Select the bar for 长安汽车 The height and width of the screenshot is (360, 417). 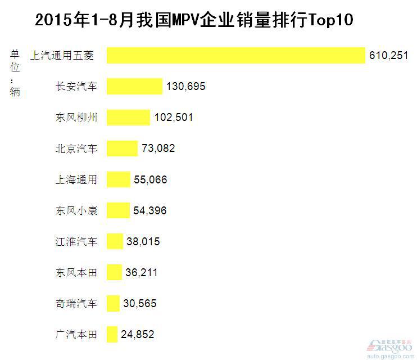coord(134,87)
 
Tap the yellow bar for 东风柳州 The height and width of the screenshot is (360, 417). coord(128,118)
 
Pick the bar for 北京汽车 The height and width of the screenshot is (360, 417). coord(122,148)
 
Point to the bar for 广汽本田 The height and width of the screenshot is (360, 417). coord(112,334)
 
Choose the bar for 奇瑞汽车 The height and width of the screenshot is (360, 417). coord(113,303)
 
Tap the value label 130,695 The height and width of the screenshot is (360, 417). coord(186,87)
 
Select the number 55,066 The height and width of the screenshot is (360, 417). coord(151,179)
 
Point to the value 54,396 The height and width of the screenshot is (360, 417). coord(150,210)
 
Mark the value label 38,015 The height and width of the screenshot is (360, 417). coord(143,241)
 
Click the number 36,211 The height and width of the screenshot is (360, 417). coord(142,272)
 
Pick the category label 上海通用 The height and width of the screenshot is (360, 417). coord(76,179)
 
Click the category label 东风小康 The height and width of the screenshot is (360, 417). coord(76,210)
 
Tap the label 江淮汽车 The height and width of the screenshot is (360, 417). coord(76,241)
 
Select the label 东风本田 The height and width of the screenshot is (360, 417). coord(76,272)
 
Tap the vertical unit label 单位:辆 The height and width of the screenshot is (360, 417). coord(15,73)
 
